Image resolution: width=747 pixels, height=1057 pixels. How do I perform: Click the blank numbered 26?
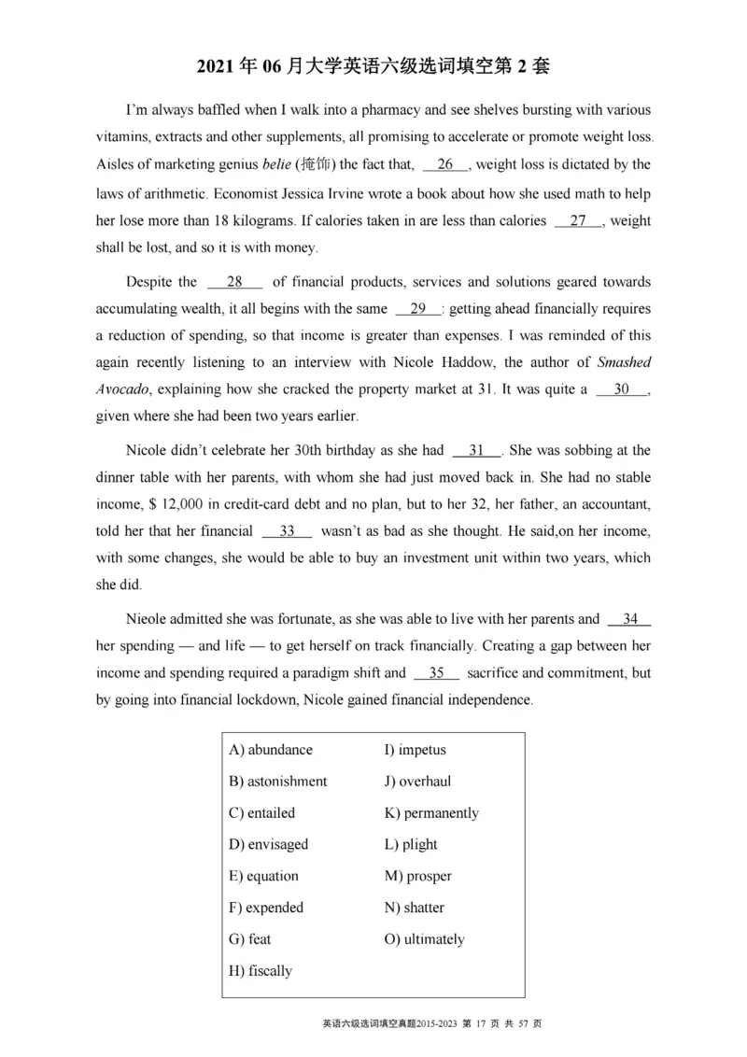pyautogui.click(x=444, y=165)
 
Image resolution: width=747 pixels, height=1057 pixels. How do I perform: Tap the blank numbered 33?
pyautogui.click(x=287, y=531)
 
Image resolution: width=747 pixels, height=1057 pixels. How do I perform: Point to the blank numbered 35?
pyautogui.click(x=436, y=673)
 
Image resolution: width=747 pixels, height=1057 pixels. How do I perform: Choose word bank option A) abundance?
pyautogui.click(x=271, y=750)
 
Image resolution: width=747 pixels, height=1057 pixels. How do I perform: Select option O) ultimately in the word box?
pyautogui.click(x=424, y=939)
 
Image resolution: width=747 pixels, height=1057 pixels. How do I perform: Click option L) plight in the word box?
pyautogui.click(x=411, y=844)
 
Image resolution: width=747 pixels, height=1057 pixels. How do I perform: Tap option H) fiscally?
pyautogui.click(x=260, y=971)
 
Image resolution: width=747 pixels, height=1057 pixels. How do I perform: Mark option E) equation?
pyautogui.click(x=263, y=876)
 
